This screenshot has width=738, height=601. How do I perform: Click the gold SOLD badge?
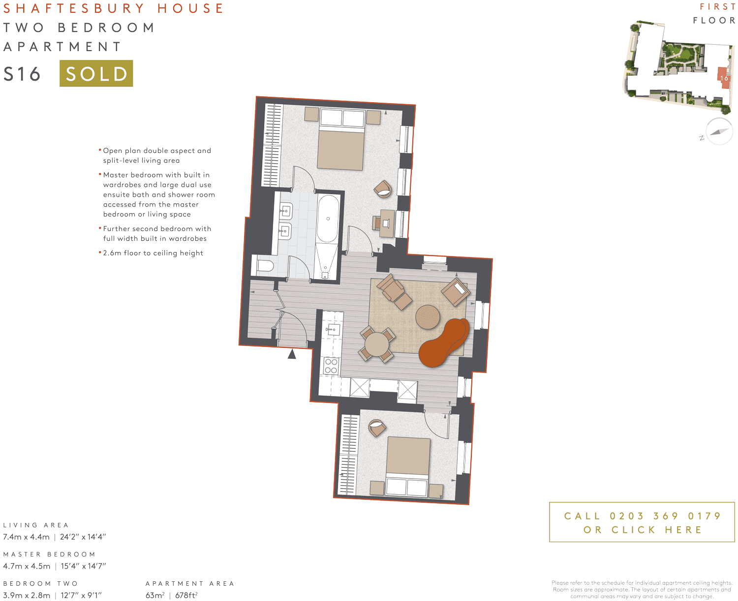coord(96,73)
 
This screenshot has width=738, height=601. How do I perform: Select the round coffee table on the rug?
coord(428,317)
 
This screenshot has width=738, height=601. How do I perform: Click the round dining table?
coord(377,344)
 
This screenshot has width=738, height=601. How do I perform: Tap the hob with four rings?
coord(331,366)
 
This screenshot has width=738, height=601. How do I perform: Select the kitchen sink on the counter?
coord(333,329)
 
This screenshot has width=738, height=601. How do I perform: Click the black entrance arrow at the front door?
coord(292,353)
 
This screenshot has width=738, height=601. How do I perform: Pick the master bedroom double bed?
coord(341,140)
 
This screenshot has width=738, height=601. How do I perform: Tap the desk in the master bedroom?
coord(387,223)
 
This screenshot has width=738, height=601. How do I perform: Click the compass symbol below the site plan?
coord(719,131)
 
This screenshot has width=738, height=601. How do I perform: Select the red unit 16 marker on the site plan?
coord(724,78)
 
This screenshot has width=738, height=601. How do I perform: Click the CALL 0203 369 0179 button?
coord(642,522)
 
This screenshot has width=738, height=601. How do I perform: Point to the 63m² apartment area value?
coord(154,595)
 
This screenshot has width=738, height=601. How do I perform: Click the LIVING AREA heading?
coord(36,525)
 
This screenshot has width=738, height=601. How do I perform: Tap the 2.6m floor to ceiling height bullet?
coord(153,253)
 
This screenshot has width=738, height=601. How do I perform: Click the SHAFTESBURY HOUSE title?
coord(114,8)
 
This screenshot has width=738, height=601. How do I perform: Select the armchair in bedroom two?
coord(377,428)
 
